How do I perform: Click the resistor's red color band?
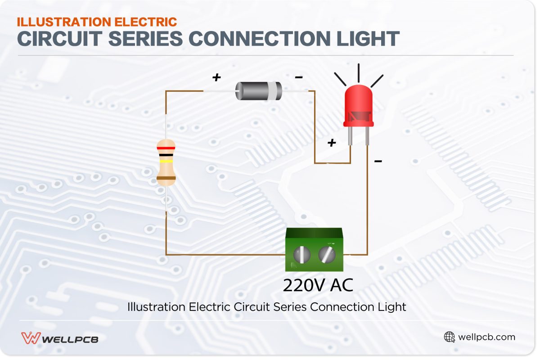[166, 148]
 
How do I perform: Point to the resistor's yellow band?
[166, 161]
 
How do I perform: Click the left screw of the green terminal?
[301, 255]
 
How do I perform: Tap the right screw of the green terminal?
[327, 255]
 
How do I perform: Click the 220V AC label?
[318, 285]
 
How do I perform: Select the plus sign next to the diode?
[217, 77]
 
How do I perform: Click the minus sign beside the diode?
[298, 77]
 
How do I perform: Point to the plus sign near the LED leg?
[332, 143]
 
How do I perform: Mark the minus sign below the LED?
[378, 161]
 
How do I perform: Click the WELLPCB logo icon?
[31, 338]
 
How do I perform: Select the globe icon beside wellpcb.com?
[449, 337]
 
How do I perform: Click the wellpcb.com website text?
[486, 337]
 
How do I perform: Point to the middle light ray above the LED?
[359, 72]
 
